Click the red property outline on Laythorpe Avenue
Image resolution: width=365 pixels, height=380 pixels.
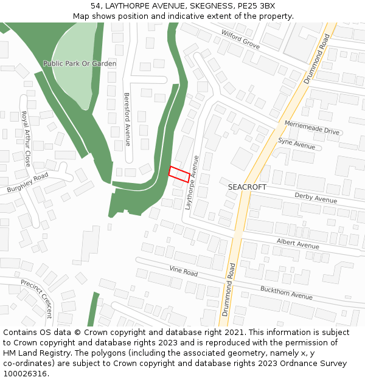(x=179, y=174)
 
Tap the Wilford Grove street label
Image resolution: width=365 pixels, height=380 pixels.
(x=240, y=40)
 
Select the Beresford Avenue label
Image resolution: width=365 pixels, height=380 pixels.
(x=127, y=119)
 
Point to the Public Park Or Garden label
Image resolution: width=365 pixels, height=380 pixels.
(x=80, y=63)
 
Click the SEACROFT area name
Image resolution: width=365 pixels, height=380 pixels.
(x=247, y=187)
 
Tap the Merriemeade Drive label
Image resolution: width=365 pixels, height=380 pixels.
(x=312, y=127)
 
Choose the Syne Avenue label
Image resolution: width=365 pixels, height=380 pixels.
(x=297, y=143)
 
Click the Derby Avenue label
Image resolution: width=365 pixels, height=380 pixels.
(x=316, y=197)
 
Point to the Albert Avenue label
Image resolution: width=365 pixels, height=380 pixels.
(x=298, y=243)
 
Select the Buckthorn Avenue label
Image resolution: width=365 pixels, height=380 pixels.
(x=287, y=292)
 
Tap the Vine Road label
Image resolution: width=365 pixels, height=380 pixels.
(x=184, y=271)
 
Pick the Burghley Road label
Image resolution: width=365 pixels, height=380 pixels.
(x=27, y=183)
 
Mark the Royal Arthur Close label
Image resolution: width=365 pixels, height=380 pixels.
(x=26, y=139)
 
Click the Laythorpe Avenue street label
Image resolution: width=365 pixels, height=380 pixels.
(x=192, y=183)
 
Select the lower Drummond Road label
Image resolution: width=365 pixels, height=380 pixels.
(x=228, y=289)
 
